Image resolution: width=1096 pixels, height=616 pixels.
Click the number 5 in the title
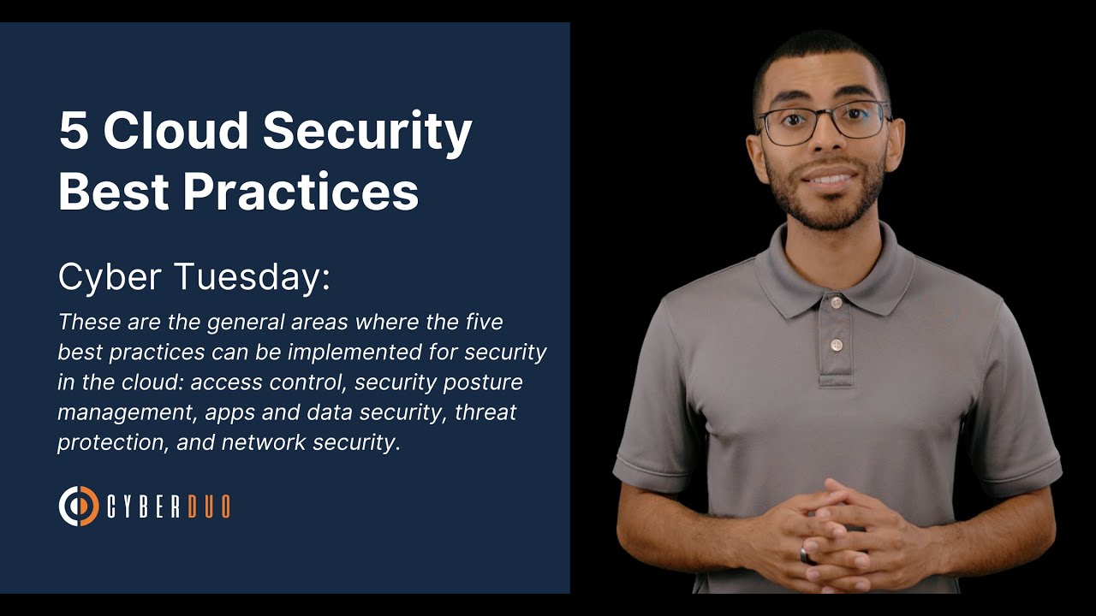74,131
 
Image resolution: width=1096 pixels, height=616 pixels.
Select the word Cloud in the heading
175,131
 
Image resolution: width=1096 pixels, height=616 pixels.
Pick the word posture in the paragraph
481,382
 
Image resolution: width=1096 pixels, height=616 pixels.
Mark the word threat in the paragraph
485,412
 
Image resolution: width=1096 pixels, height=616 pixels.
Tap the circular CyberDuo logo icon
78,506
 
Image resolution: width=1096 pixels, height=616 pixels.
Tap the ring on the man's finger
805,554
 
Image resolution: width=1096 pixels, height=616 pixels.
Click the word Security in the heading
367,131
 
